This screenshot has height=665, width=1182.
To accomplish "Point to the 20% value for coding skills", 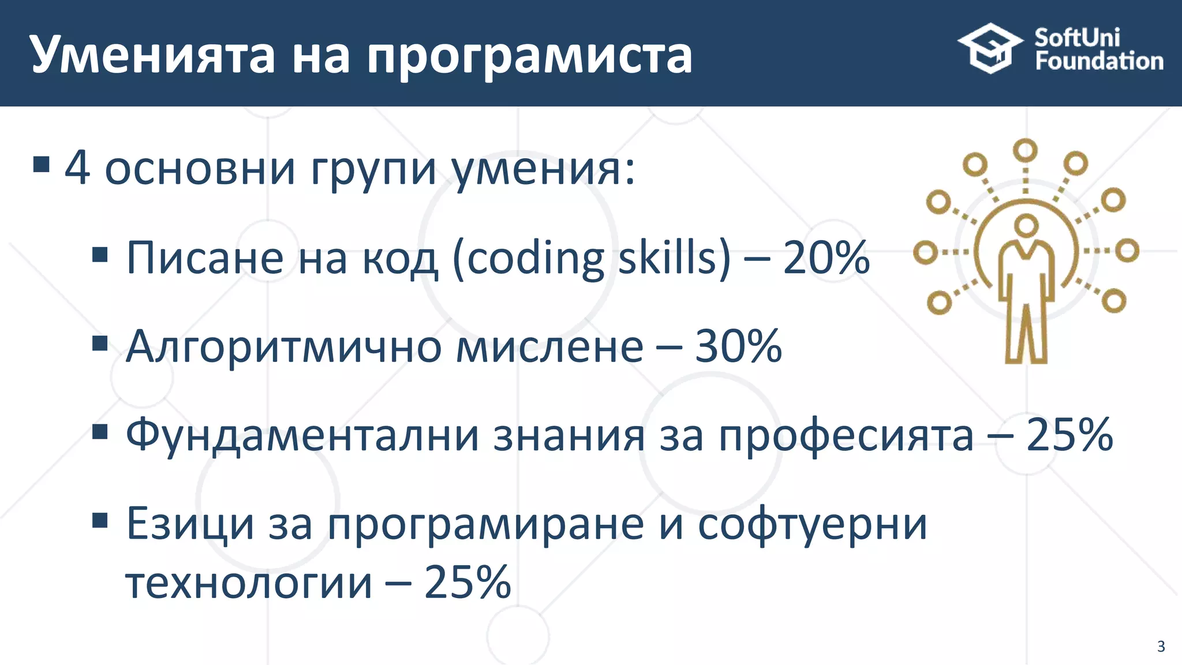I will [826, 257].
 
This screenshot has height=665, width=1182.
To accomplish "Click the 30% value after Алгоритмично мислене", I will [738, 346].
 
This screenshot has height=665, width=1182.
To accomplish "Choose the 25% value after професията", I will [1069, 435].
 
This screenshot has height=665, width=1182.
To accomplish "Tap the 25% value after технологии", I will [467, 582].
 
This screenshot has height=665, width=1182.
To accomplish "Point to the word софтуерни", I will [813, 524].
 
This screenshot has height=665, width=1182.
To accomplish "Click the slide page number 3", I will [1161, 646].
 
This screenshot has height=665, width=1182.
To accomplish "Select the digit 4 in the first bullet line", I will [77, 168].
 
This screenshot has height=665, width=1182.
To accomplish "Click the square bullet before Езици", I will [100, 521].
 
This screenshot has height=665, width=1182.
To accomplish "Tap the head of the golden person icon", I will [1026, 225].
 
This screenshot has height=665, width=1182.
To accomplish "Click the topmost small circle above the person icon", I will [1025, 151].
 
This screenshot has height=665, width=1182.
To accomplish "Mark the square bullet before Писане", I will [100, 255].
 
